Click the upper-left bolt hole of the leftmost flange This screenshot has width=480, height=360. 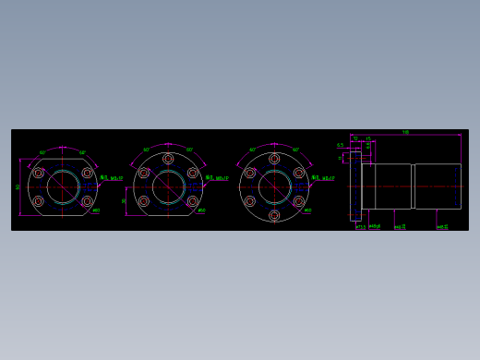pyautogui.click(x=39, y=173)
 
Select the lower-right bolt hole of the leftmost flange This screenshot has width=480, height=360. pyautogui.click(x=87, y=200)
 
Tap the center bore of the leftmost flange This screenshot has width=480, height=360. pyautogui.click(x=63, y=186)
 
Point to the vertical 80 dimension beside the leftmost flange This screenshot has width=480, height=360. pyautogui.click(x=18, y=186)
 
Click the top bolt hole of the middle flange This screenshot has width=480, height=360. pyautogui.click(x=168, y=159)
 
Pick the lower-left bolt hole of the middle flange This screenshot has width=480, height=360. pyautogui.click(x=144, y=200)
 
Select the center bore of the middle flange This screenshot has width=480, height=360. pyautogui.click(x=168, y=186)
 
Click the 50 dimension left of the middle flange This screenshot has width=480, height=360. pyautogui.click(x=124, y=199)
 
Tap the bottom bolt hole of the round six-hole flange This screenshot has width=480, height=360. pyautogui.click(x=274, y=215)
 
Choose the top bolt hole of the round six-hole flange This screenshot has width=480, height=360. pyautogui.click(x=274, y=159)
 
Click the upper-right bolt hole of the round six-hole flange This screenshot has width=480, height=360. pyautogui.click(x=298, y=173)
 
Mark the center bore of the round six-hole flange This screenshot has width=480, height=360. pyautogui.click(x=274, y=186)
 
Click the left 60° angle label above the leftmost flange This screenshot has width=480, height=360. pyautogui.click(x=42, y=152)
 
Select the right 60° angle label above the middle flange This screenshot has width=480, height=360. pyautogui.click(x=190, y=150)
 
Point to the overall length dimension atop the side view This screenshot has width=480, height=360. pyautogui.click(x=405, y=132)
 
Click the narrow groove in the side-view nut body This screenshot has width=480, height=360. pyautogui.click(x=413, y=186)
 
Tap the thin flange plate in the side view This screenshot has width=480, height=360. pyautogui.click(x=355, y=186)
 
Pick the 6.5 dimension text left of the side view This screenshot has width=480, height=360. pyautogui.click(x=340, y=145)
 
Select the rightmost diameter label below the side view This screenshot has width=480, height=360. pyautogui.click(x=443, y=226)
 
